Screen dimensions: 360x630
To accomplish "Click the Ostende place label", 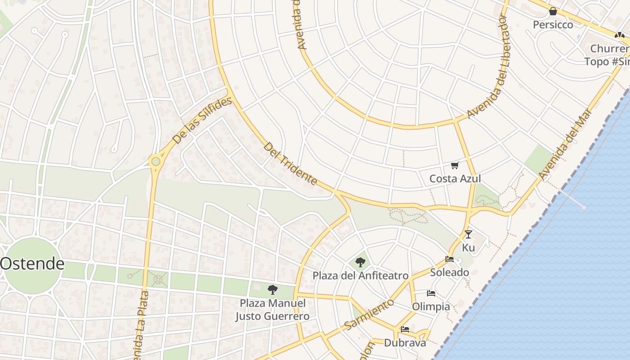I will pos(32,264).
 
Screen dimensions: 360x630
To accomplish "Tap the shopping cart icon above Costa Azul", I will pos(455,166).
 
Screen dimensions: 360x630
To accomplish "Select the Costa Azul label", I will pos(455,179).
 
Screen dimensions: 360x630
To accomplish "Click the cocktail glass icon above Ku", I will pos(468,234).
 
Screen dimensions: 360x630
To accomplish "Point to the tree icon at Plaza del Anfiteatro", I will pos(360,262).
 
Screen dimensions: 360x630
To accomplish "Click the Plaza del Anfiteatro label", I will pos(360,275).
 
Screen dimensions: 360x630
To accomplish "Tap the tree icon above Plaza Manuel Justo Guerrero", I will pos(272,289).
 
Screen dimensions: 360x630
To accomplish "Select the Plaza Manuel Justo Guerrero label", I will pos(272,310).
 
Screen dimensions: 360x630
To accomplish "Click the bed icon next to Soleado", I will pos(449,259).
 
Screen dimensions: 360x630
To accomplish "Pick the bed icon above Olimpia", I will pos(431,293).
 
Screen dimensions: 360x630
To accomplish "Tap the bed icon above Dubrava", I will pos(405,329).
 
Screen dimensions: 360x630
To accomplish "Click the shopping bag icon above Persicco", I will pos(553,11).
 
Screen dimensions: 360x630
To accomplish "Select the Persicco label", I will pos(553,25).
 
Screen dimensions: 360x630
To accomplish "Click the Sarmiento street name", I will pos(369,314).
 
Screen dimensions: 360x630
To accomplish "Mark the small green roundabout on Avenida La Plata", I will pos(155,161).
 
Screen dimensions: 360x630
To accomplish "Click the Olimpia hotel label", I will pos(431,306).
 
